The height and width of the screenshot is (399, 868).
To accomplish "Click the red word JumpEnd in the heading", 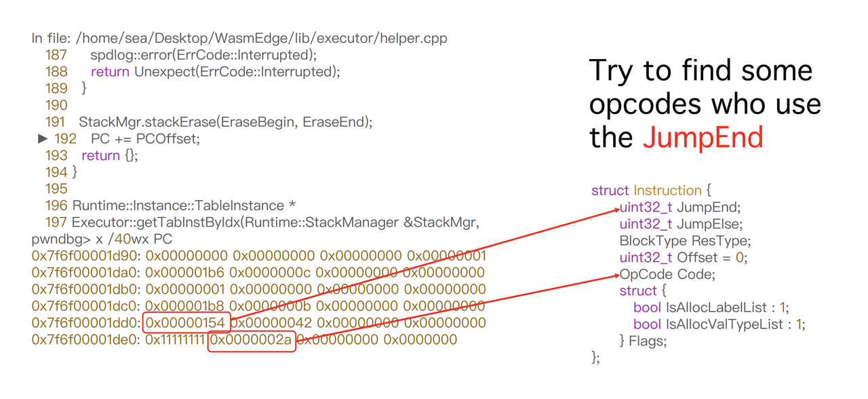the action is [x=703, y=137].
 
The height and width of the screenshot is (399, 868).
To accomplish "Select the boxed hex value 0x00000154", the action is [x=185, y=322].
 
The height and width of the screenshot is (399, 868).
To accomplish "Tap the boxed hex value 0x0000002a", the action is [x=251, y=340].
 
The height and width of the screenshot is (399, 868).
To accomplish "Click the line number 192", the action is [x=65, y=139].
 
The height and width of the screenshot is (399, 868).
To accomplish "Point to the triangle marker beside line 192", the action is [x=43, y=138].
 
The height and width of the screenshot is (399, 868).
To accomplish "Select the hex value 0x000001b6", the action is [x=185, y=273].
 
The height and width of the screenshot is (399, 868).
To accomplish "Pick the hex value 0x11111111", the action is [x=175, y=340].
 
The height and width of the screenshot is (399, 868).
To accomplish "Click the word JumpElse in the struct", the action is [x=709, y=224].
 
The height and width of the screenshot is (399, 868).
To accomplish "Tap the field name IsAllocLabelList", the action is [x=716, y=307].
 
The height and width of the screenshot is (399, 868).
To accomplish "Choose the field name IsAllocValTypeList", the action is [x=724, y=324].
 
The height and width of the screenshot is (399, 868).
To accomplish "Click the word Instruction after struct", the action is [x=668, y=191].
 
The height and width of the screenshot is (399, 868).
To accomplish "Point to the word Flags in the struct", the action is [x=646, y=341].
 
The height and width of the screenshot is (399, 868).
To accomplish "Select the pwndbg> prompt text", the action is [x=61, y=240].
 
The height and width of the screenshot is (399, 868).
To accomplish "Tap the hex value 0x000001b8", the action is [x=185, y=306].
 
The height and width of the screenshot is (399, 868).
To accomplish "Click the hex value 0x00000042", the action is [x=271, y=322].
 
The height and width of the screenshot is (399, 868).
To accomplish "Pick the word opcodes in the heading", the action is [x=645, y=104].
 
